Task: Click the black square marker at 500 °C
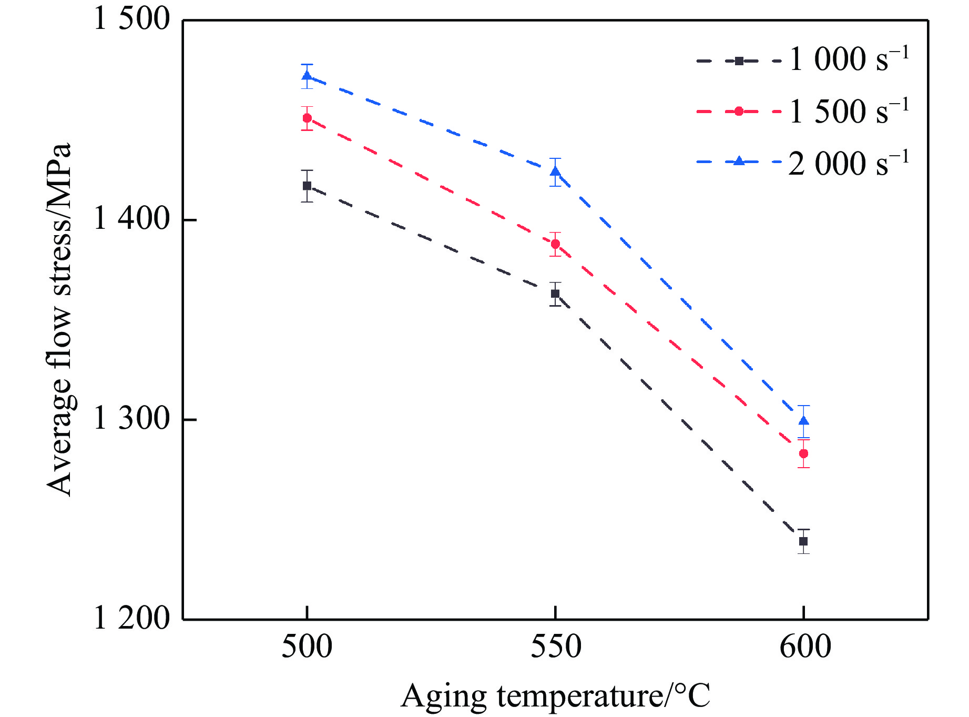pyautogui.click(x=307, y=186)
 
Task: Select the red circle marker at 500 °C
pyautogui.click(x=307, y=118)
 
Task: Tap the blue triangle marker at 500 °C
pyautogui.click(x=307, y=76)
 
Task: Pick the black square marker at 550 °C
pyautogui.click(x=555, y=294)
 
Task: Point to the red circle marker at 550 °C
pyautogui.click(x=555, y=244)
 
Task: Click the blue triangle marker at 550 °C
pyautogui.click(x=555, y=171)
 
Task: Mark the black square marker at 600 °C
pyautogui.click(x=803, y=541)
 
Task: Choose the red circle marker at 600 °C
pyautogui.click(x=803, y=453)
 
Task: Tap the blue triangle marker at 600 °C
pyautogui.click(x=803, y=421)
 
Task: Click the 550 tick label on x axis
pyautogui.click(x=556, y=648)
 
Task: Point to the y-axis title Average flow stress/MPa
pyautogui.click(x=59, y=319)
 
